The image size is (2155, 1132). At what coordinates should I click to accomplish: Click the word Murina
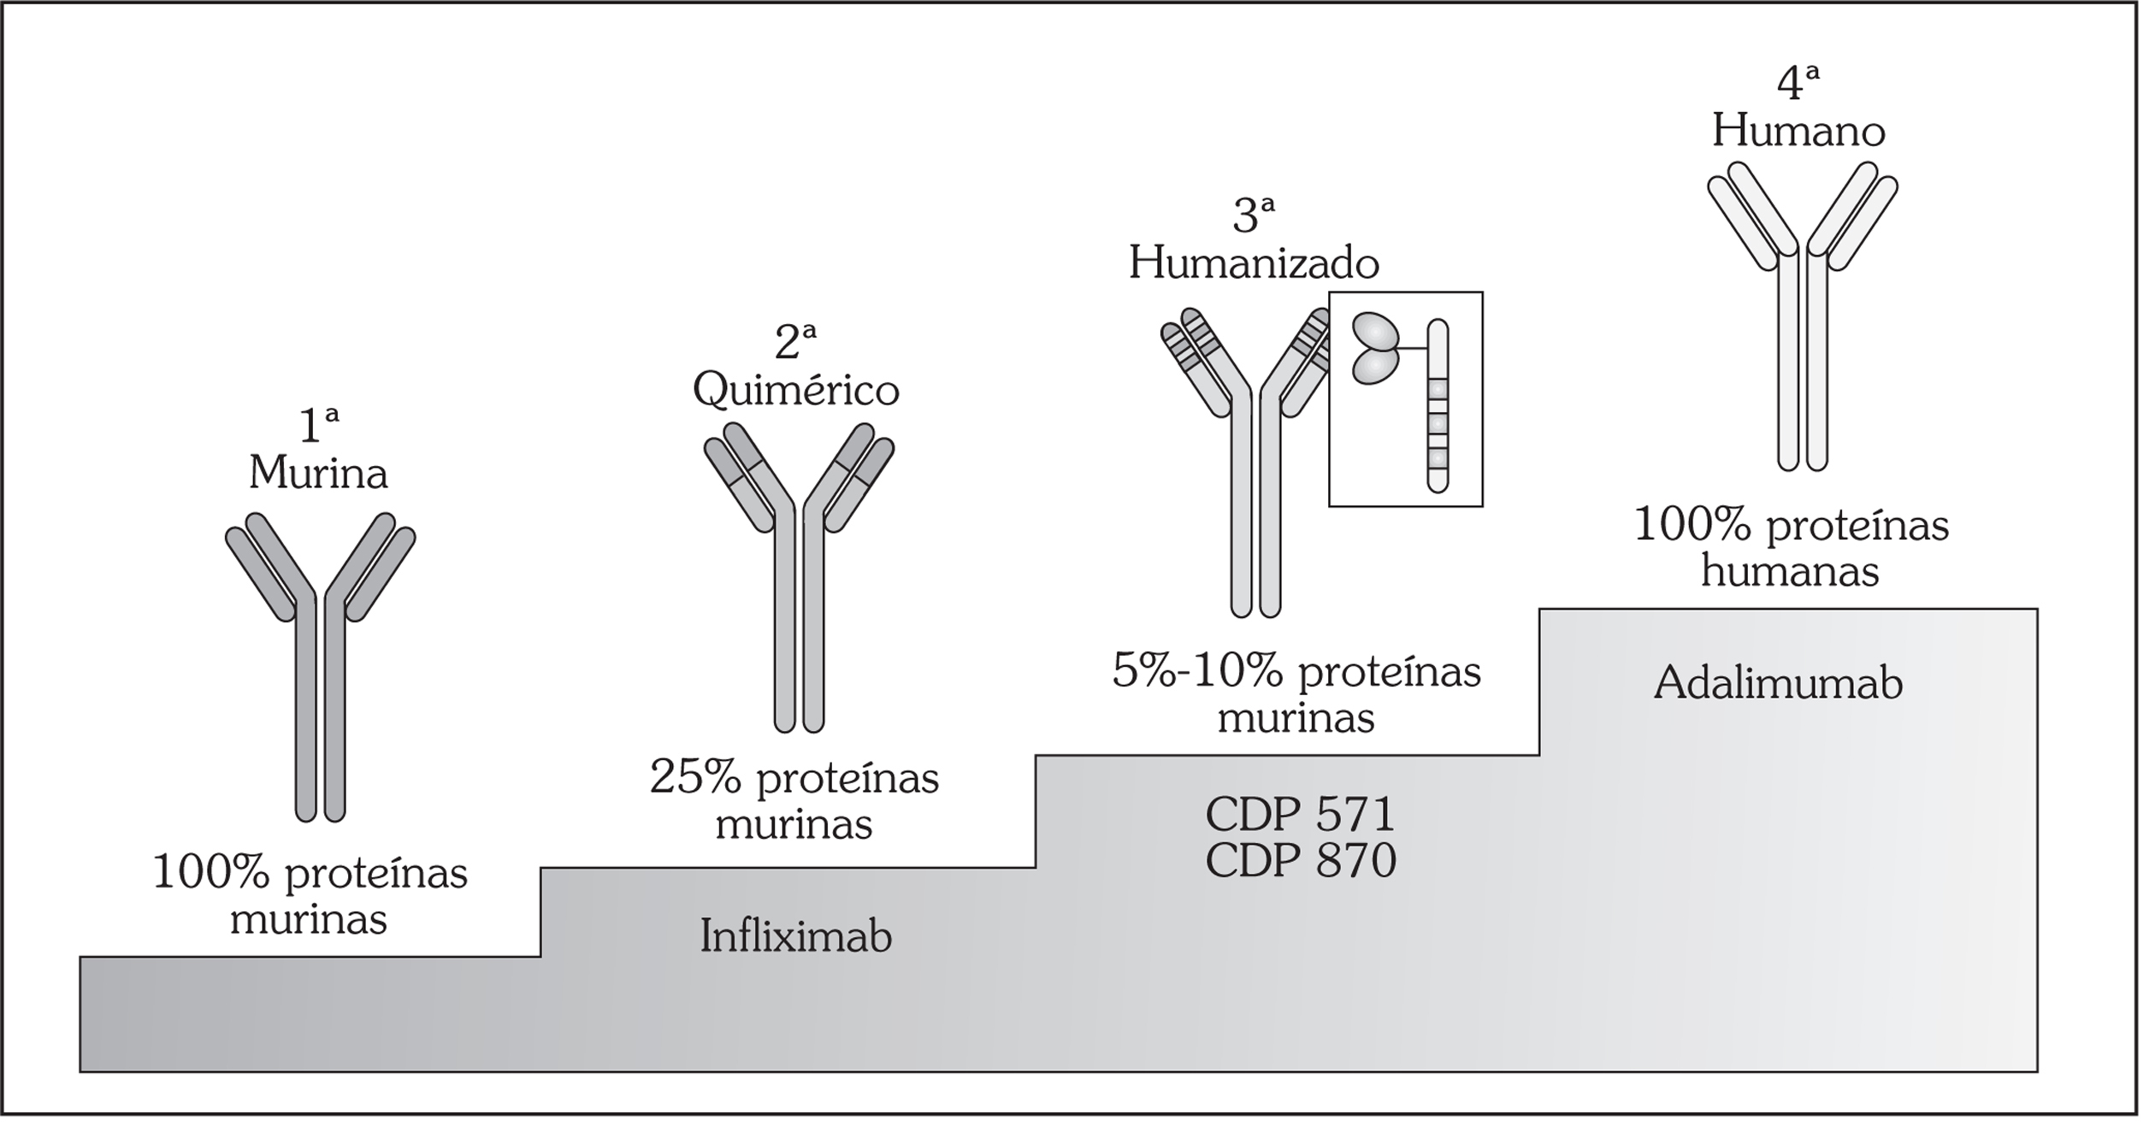coord(318,472)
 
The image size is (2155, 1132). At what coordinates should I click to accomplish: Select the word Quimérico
coord(795,390)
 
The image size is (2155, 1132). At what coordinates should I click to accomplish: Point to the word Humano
coord(1798,132)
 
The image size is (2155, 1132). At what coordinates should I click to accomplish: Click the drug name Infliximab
coord(795,936)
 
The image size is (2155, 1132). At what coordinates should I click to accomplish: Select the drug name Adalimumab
coord(1778,683)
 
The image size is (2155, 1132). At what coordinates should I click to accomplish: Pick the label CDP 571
coord(1300,815)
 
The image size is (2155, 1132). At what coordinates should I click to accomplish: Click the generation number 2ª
coord(795,342)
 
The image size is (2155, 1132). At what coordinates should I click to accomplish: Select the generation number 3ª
coord(1254,215)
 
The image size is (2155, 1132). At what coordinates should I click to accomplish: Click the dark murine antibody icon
coord(320,667)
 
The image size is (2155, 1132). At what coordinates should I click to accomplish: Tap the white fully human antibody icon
coord(1803,316)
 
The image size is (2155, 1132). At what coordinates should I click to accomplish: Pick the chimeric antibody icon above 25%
coord(799,581)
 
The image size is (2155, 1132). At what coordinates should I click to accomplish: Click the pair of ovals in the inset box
coord(1375,347)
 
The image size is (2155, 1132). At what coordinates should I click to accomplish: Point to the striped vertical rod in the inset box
coord(1438,405)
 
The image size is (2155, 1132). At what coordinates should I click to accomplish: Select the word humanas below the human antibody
coord(1789,571)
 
